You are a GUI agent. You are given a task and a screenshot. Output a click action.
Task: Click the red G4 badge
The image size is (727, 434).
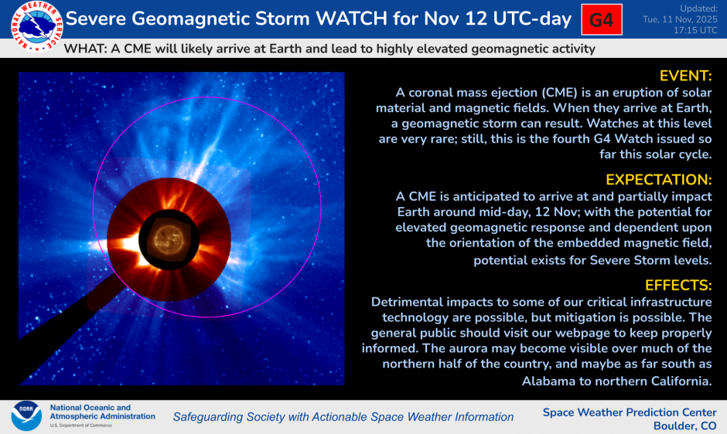coord(602,20)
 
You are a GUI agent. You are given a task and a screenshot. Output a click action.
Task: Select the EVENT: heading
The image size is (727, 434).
coord(684,76)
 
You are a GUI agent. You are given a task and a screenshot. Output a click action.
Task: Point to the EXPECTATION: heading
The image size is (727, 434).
coord(658,179)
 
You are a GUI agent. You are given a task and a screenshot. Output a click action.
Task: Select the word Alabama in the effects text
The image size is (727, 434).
coord(549,381)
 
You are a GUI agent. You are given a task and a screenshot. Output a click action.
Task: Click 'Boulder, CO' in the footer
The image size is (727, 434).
coord(684,426)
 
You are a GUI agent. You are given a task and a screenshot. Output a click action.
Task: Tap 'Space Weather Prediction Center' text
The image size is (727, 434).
coord(630,412)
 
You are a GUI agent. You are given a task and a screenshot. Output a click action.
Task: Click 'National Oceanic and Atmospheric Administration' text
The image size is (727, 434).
coord(101,412)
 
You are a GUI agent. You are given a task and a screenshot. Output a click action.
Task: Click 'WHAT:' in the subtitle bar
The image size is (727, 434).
coord(84,49)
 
